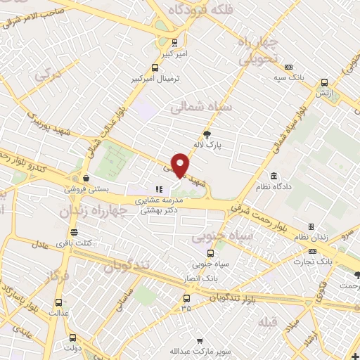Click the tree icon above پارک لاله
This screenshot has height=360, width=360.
point(207,134)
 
